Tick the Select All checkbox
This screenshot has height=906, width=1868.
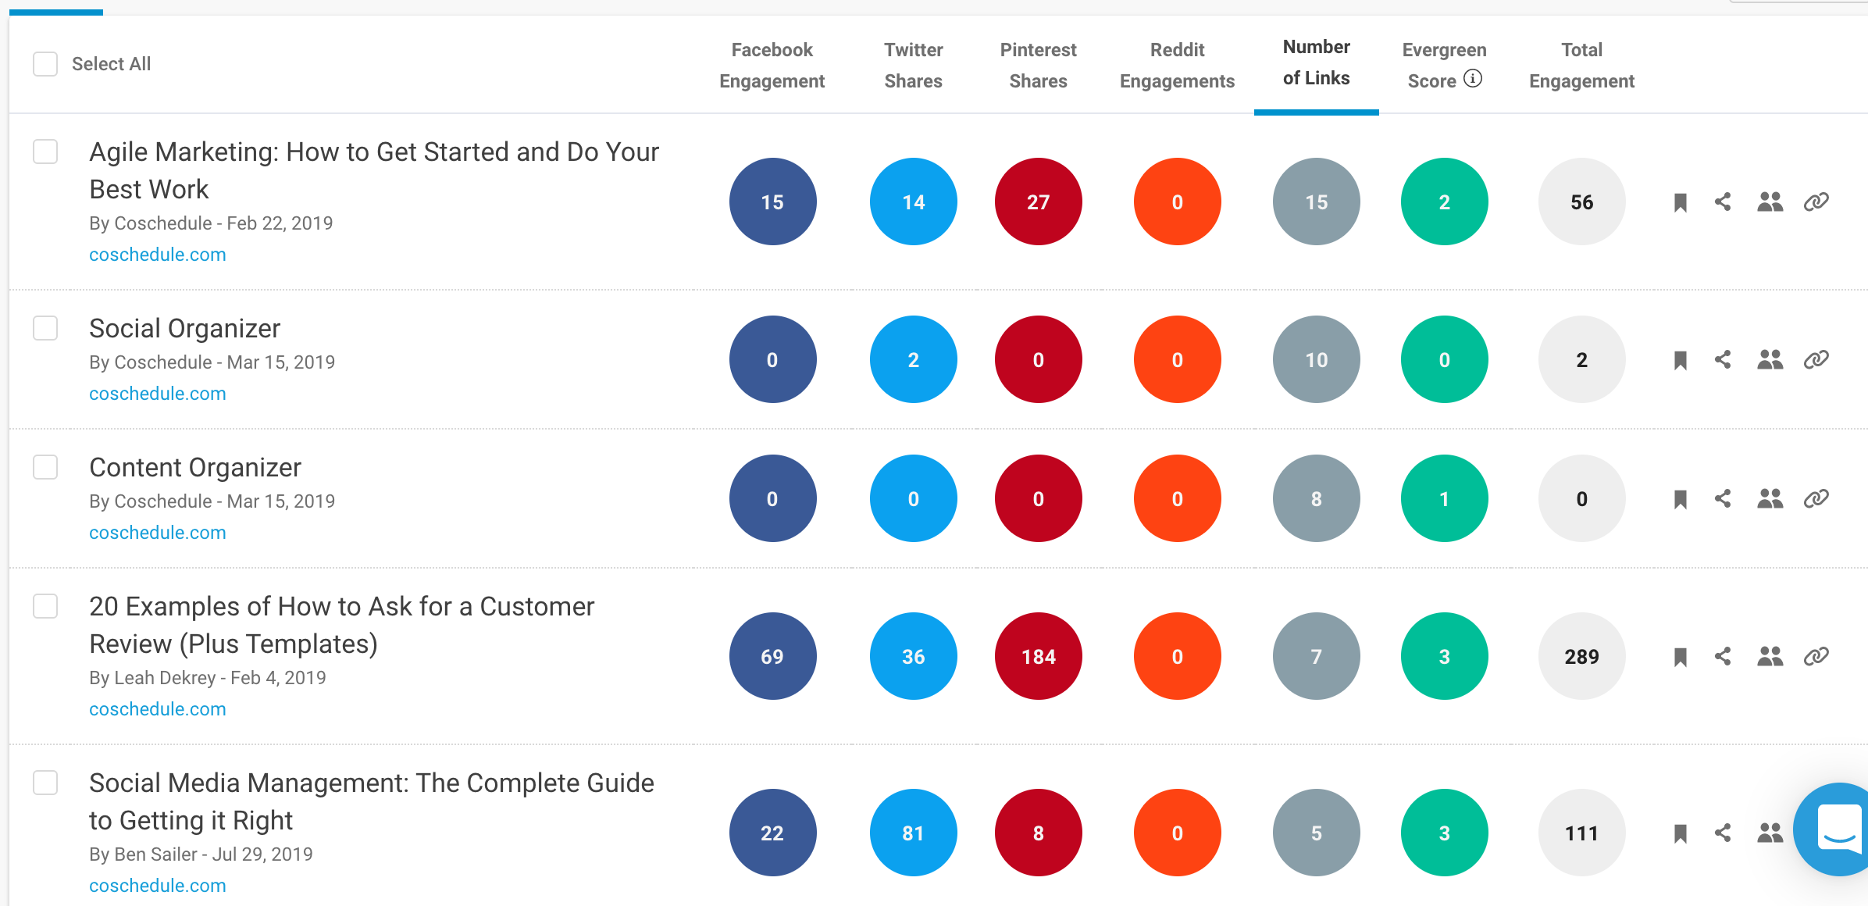[45, 64]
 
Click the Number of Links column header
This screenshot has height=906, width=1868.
[1316, 62]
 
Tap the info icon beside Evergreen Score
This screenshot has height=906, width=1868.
[1473, 79]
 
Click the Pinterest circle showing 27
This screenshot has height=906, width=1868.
[1038, 202]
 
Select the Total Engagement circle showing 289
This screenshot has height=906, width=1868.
[1581, 657]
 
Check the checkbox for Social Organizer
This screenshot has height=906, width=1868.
[45, 328]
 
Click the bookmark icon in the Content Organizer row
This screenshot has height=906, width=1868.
[1681, 499]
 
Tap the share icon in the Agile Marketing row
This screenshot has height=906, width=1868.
[1723, 202]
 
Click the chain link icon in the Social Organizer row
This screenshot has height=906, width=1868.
[1816, 360]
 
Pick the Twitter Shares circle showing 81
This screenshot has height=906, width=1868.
[913, 833]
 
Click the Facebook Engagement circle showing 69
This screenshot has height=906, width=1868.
[772, 657]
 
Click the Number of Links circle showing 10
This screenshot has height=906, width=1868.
[1316, 360]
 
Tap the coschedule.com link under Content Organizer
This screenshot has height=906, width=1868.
[158, 533]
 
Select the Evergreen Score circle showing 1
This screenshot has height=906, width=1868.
[1444, 499]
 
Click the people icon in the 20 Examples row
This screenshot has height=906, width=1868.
[1770, 657]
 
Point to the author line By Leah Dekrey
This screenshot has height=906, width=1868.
[208, 678]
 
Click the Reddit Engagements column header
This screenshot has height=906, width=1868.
[1177, 66]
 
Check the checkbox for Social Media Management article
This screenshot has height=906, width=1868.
[45, 783]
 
